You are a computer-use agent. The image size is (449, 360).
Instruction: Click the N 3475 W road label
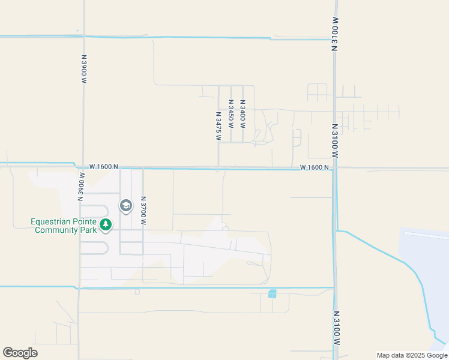[x=218, y=126]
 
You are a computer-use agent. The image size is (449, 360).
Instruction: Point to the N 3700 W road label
[x=143, y=210]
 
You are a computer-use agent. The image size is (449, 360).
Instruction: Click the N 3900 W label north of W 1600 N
[x=84, y=65]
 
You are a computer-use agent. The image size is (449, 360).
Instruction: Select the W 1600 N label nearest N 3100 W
[x=315, y=167]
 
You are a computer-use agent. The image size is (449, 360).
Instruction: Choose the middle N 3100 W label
[x=335, y=141]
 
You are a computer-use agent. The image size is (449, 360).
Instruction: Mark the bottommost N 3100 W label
[x=336, y=328]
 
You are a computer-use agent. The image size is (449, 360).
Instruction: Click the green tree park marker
[x=106, y=225]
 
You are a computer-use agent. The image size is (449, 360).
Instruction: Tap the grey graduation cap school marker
[x=126, y=206]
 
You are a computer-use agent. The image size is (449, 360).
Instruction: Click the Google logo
[x=20, y=353]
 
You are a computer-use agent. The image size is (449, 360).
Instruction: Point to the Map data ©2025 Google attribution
[x=411, y=355]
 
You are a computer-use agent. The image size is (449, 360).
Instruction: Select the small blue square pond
[x=273, y=293]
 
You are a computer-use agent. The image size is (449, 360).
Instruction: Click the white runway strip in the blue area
[x=426, y=235]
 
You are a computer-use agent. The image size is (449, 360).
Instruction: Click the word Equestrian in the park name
[x=54, y=221]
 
